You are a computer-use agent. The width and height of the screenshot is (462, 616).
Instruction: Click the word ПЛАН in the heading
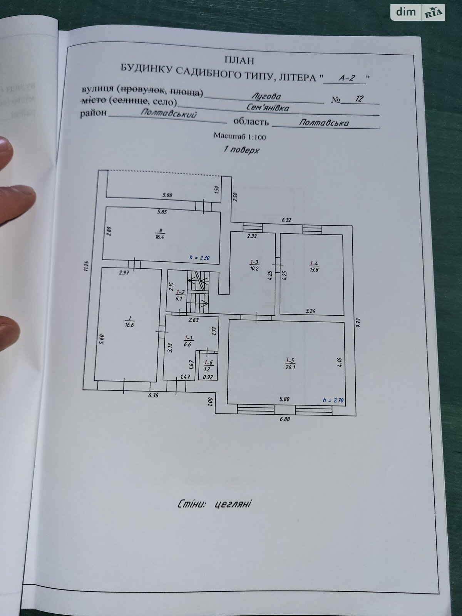[x=239, y=60]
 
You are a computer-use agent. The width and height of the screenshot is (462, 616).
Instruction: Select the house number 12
[x=359, y=99]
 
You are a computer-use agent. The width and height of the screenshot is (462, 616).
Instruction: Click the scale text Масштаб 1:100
[x=240, y=137]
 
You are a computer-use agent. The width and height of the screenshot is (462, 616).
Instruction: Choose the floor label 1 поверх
[x=241, y=150]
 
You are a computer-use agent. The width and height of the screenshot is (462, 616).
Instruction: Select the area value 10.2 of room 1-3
[x=254, y=268]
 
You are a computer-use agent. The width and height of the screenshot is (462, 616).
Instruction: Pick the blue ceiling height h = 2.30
[x=199, y=258]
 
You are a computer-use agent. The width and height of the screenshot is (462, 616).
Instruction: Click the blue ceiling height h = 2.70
[x=333, y=400]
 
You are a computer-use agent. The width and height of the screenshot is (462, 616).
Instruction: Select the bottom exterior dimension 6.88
[x=285, y=419]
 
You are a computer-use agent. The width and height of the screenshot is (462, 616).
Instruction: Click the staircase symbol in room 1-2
[x=198, y=291]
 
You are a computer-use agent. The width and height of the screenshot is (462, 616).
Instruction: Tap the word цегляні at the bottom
[x=233, y=504]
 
